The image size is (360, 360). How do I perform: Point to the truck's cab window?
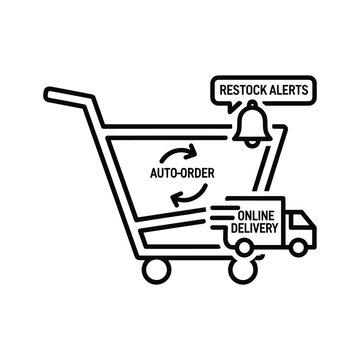coord(296,219)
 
